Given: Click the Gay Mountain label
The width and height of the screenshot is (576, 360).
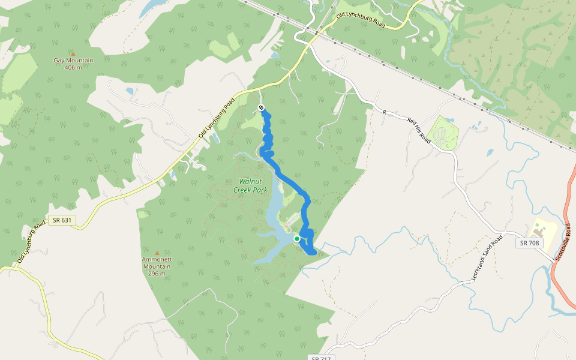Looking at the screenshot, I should [x=73, y=61].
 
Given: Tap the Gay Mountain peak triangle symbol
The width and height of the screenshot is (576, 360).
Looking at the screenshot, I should [x=73, y=54].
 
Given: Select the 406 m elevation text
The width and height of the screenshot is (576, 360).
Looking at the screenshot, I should [x=73, y=67].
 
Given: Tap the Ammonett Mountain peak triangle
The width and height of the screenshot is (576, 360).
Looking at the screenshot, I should [x=157, y=253].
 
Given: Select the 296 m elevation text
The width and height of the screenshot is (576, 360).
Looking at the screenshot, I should [x=157, y=274].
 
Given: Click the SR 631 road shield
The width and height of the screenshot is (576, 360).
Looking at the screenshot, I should [x=61, y=220].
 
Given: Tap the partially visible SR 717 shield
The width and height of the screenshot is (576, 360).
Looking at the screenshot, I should [x=321, y=358].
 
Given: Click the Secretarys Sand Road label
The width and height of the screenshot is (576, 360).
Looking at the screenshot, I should [x=486, y=259].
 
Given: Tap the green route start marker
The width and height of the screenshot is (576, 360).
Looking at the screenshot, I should [x=297, y=239].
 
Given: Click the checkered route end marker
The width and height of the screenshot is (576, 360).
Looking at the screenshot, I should [x=261, y=107].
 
